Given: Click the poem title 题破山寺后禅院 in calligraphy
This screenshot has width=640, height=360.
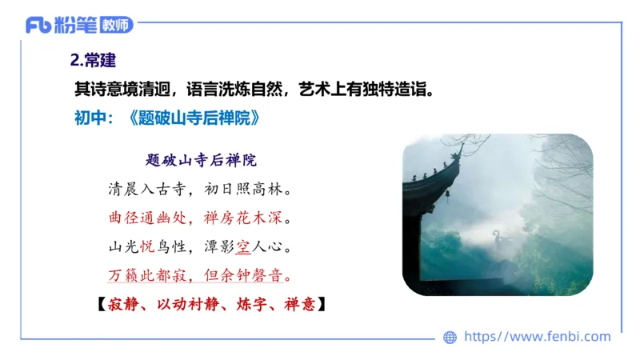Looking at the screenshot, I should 201,160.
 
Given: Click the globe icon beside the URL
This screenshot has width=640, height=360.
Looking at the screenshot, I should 450,338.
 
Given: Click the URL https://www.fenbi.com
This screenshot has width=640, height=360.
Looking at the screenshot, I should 538,337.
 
